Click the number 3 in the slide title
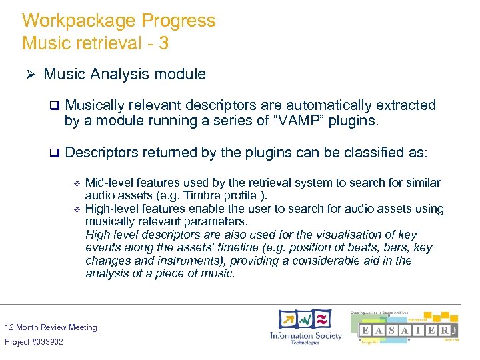pyautogui.click(x=163, y=43)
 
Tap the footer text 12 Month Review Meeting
pyautogui.click(x=51, y=327)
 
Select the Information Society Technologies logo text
pyautogui.click(x=305, y=337)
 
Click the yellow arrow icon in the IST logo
pyautogui.click(x=287, y=319)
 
